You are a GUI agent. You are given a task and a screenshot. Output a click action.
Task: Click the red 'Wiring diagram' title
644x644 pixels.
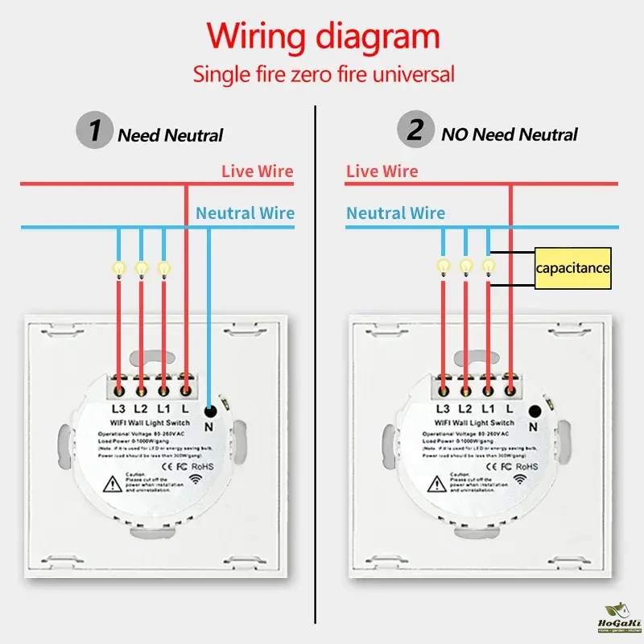click(x=323, y=37)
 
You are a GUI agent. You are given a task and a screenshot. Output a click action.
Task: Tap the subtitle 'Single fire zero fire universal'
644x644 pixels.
click(x=323, y=75)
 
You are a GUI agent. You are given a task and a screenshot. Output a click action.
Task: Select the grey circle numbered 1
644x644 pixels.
click(x=95, y=130)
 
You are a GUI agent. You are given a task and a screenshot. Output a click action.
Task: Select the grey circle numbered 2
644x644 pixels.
click(x=415, y=130)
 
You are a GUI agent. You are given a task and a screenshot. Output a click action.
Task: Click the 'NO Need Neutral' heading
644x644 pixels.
click(x=510, y=134)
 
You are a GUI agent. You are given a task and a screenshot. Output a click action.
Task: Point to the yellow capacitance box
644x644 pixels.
click(x=573, y=269)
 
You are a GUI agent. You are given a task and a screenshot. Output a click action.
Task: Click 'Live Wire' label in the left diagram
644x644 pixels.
click(x=258, y=171)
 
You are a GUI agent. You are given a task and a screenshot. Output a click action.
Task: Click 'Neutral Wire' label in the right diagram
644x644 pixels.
click(x=395, y=213)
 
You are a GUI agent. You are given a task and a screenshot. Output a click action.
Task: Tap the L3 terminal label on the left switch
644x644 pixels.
click(x=118, y=409)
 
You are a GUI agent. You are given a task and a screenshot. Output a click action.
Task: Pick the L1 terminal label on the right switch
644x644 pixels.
click(x=488, y=409)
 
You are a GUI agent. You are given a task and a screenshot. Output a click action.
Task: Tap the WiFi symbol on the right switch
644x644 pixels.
click(x=518, y=479)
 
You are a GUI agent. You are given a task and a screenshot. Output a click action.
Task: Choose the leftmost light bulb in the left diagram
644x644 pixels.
click(x=118, y=268)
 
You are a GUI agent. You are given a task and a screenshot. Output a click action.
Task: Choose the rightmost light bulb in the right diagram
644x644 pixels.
click(x=488, y=266)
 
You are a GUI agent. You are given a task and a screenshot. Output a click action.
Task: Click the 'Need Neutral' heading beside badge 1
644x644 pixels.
click(x=170, y=135)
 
